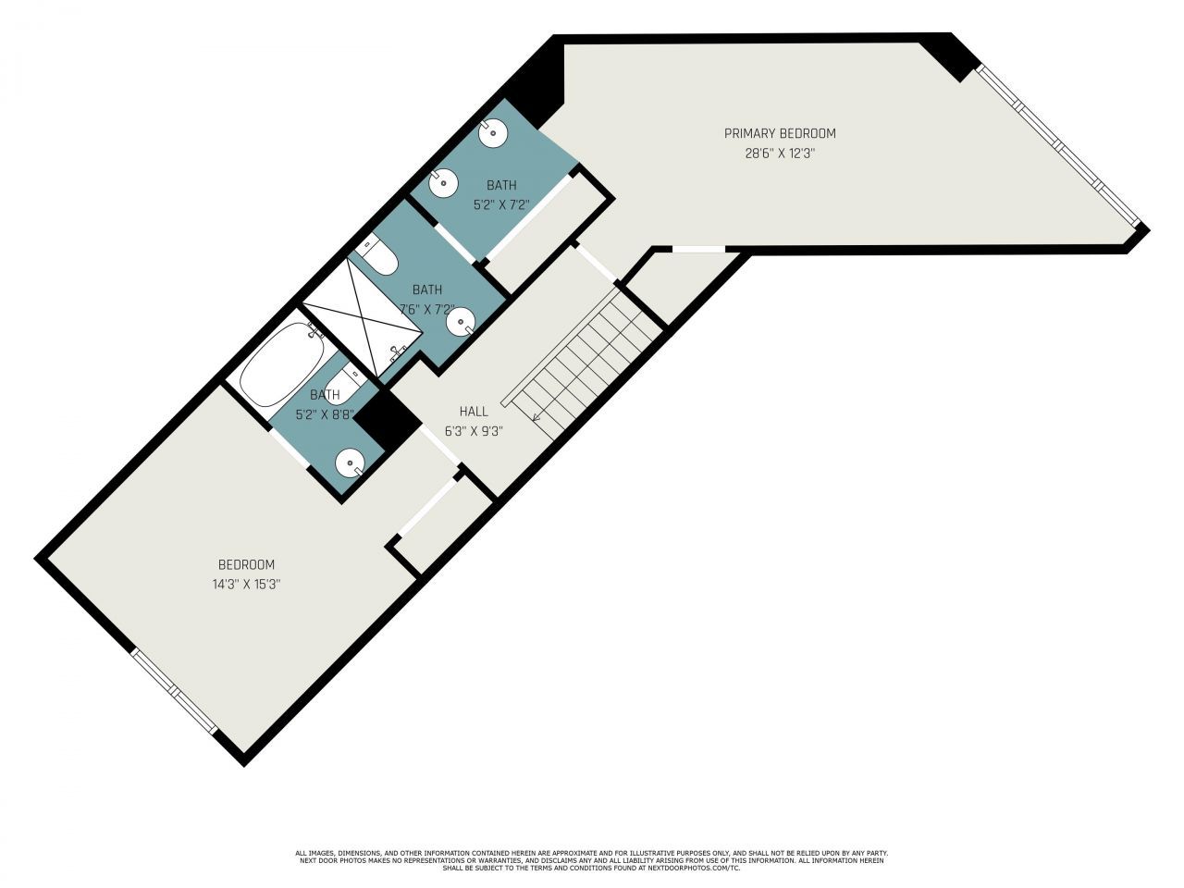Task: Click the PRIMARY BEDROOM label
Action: (779, 133)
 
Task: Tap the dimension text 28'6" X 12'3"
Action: (779, 154)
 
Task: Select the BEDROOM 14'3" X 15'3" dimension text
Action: (245, 584)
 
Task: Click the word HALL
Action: (473, 411)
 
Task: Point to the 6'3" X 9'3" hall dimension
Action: (473, 430)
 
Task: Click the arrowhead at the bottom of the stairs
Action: (536, 417)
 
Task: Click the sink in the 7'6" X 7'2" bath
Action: (461, 323)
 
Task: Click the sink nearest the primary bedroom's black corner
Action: (494, 133)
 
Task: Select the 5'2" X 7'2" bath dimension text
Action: (500, 204)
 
